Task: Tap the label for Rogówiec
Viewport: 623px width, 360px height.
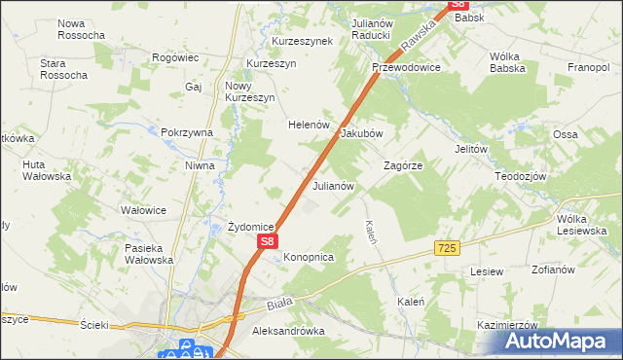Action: pyautogui.click(x=176, y=57)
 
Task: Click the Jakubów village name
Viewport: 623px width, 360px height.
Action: pyautogui.click(x=361, y=133)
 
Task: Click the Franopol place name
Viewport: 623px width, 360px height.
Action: pyautogui.click(x=588, y=68)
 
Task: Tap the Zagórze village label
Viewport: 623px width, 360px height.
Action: pyautogui.click(x=402, y=166)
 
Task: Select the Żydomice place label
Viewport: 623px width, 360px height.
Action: pyautogui.click(x=250, y=226)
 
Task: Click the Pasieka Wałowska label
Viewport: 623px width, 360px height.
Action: pyautogui.click(x=149, y=254)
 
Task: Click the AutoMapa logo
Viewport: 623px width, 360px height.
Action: pyautogui.click(x=558, y=341)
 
